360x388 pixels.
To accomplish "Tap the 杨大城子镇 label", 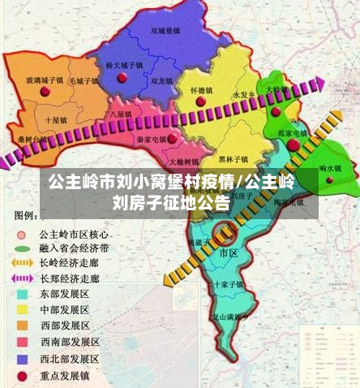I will click(x=124, y=64).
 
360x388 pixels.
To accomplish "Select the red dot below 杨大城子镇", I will click(x=122, y=78).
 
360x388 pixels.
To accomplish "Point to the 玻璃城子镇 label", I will click(x=45, y=80).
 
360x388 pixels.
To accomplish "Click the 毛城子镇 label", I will click(x=84, y=80).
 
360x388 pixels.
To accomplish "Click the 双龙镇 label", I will click(x=161, y=81).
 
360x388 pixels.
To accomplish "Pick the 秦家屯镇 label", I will click(x=151, y=139).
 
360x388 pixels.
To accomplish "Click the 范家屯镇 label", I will click(x=293, y=131).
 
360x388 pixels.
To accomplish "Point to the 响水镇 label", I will click(x=328, y=168).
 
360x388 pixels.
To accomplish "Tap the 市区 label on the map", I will click(x=229, y=253).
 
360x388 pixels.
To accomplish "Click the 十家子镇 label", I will click(x=226, y=284).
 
